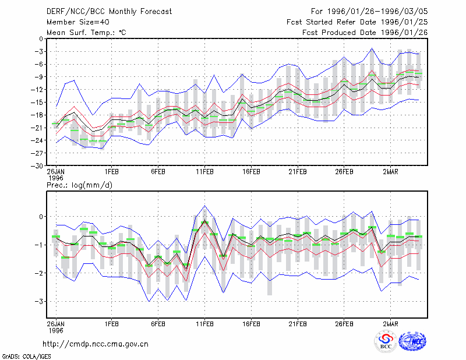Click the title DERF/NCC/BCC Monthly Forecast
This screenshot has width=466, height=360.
tap(109, 12)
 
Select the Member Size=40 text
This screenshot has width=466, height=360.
tap(78, 22)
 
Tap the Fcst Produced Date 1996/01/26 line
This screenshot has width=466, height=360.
tap(365, 33)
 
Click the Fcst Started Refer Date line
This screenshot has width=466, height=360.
tap(357, 22)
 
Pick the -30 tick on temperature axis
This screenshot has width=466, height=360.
tap(37, 166)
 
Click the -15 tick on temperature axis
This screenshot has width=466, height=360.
tap(37, 103)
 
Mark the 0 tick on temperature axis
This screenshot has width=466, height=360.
tap(41, 38)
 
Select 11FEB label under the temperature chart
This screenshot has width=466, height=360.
tap(204, 172)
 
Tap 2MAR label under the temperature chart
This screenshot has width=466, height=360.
tap(390, 172)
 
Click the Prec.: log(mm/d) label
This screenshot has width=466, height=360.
tap(79, 185)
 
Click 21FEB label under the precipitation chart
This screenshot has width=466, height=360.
tap(298, 324)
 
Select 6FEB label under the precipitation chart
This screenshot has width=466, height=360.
tap(158, 324)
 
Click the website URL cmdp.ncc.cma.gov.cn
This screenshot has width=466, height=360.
tap(96, 344)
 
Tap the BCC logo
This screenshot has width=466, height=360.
tap(386, 342)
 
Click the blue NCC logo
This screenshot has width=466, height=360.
tap(412, 341)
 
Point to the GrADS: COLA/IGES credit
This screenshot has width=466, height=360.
tap(26, 357)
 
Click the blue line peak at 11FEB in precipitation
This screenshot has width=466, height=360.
tap(204, 206)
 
